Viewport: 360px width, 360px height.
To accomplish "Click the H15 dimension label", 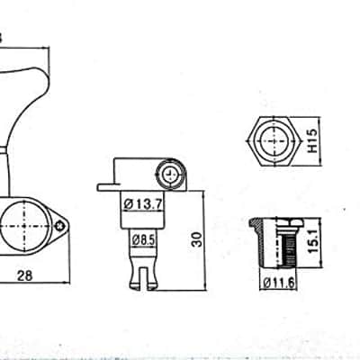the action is pyautogui.click(x=312, y=140).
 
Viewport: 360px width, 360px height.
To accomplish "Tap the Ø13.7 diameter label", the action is pyautogui.click(x=143, y=204).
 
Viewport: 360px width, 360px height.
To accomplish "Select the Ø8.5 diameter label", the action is pyautogui.click(x=143, y=240).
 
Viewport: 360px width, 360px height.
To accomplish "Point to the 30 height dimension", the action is pyautogui.click(x=197, y=239).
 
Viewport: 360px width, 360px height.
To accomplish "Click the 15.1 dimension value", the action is pyautogui.click(x=312, y=242).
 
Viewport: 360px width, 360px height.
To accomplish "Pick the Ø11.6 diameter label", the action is pyautogui.click(x=279, y=283).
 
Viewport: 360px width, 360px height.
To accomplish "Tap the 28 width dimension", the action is pyautogui.click(x=24, y=275).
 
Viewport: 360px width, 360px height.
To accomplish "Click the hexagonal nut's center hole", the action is pyautogui.click(x=274, y=140).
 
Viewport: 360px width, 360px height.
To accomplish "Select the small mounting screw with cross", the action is pyautogui.click(x=61, y=226).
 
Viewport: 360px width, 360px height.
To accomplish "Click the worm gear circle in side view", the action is pyautogui.click(x=170, y=175).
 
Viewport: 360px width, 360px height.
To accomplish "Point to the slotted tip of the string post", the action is pyautogui.click(x=143, y=278).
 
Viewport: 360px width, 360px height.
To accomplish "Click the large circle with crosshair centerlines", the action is pyautogui.click(x=24, y=226).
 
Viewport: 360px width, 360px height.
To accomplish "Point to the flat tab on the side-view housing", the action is pyautogui.click(x=105, y=187).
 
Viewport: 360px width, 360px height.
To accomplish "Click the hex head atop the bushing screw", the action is pyautogui.click(x=291, y=222).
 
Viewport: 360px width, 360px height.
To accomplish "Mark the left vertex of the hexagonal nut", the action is pyautogui.click(x=247, y=140).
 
